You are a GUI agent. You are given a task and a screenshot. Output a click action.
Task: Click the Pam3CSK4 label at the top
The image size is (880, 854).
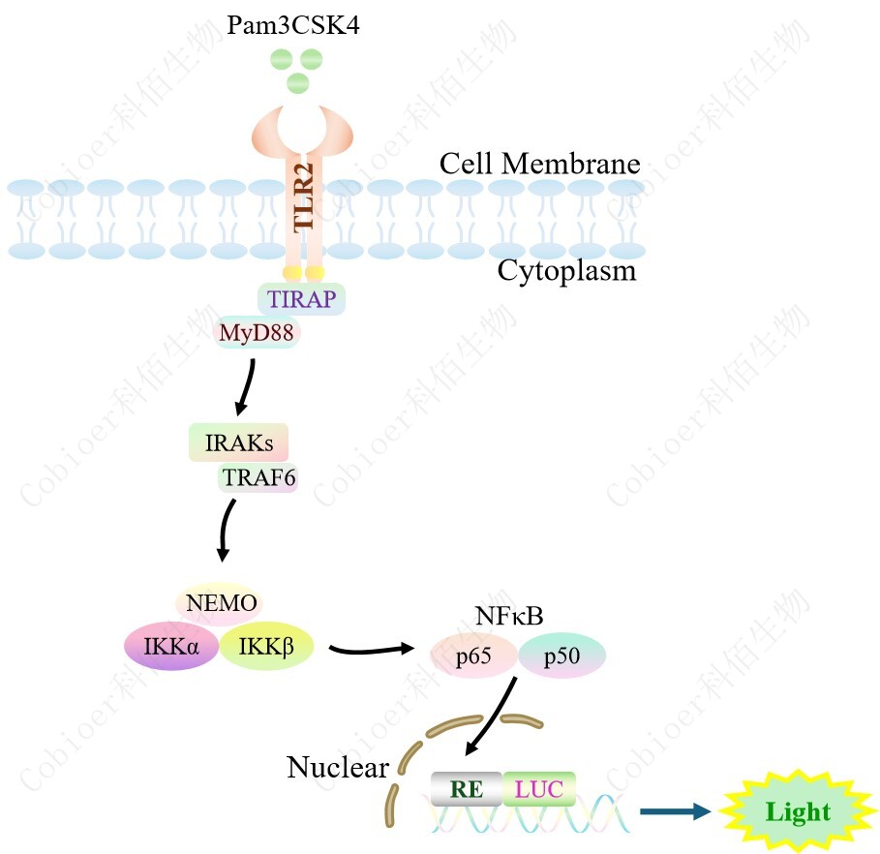[x=293, y=24]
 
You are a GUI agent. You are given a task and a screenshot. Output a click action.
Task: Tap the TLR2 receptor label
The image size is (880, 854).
[x=305, y=196]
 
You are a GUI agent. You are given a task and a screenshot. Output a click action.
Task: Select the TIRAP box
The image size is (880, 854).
[x=301, y=298]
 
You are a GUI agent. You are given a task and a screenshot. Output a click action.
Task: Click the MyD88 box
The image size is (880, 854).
[x=257, y=333]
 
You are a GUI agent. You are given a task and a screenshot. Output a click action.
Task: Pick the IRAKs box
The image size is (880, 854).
[x=238, y=443]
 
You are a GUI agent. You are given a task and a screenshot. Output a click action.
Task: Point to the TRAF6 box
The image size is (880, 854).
[x=258, y=476]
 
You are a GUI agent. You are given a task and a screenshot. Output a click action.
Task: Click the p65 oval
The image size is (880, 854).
[x=472, y=657]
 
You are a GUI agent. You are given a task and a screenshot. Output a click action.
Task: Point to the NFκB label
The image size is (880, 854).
[x=509, y=616]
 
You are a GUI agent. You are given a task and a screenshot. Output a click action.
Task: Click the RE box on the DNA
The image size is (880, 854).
[x=467, y=788]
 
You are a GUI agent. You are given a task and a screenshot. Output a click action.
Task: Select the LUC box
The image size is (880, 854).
[x=539, y=788]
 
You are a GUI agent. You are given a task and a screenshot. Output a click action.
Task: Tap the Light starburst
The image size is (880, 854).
[x=798, y=811]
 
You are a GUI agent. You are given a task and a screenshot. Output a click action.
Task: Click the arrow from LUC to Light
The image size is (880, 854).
[x=675, y=811]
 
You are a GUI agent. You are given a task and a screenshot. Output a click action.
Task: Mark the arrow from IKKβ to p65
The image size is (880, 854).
[x=372, y=649]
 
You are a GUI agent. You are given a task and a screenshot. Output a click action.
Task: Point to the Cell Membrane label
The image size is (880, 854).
[x=539, y=163]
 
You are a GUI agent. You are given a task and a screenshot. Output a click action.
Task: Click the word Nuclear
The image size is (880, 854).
[x=337, y=768]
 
